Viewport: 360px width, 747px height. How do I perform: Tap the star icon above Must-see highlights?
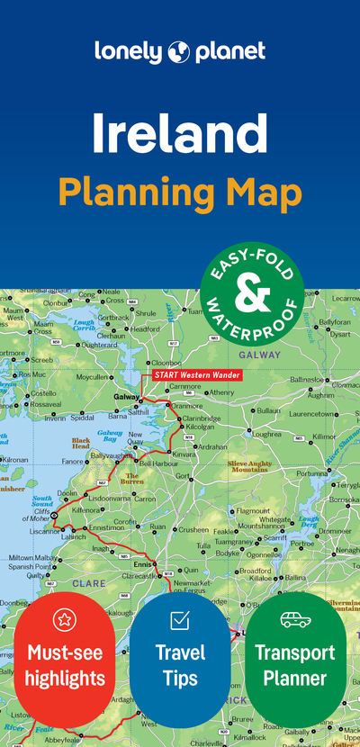65,619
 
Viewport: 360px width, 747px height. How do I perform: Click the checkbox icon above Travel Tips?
180,619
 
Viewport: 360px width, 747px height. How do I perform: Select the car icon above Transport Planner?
295,619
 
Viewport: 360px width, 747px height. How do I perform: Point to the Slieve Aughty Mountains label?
247,465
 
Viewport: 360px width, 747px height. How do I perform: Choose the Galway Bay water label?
110,436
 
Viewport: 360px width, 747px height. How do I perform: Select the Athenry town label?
221,392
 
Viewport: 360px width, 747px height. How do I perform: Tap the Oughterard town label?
99,344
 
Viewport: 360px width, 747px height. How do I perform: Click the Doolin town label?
67,493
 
